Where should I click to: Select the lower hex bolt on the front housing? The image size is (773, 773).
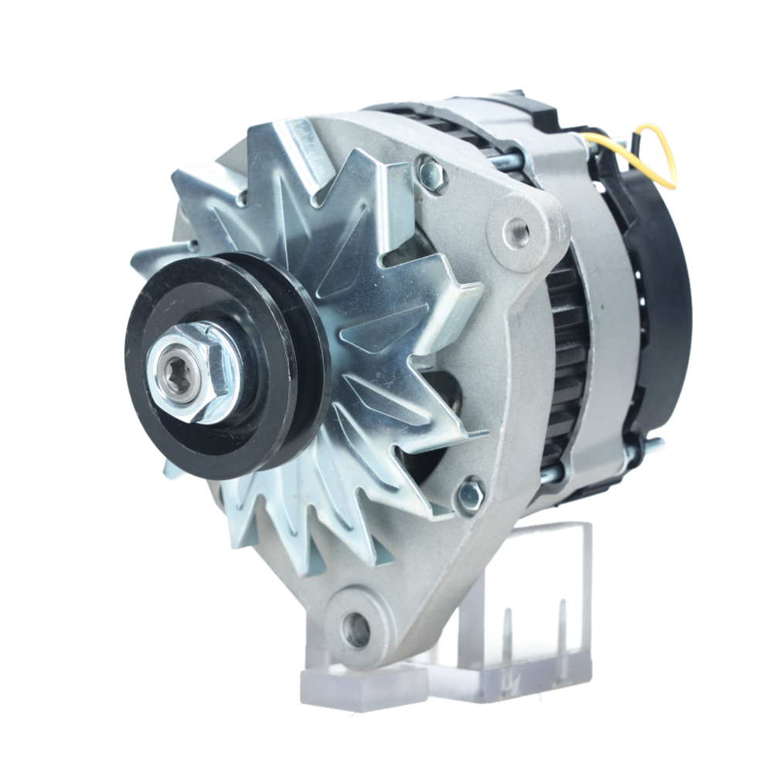coord(470,495)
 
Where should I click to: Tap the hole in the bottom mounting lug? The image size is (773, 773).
coord(356,631)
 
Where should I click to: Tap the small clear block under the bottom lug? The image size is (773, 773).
coord(363,684)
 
